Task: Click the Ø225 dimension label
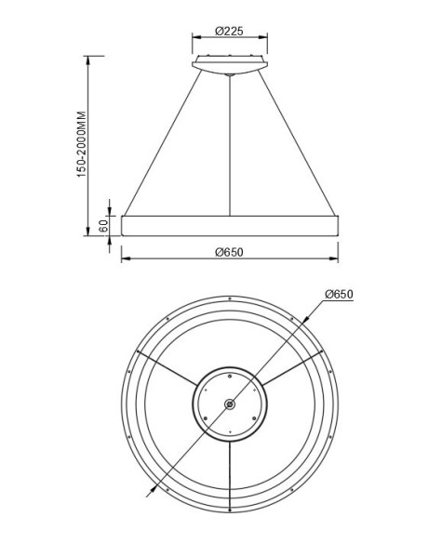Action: pyautogui.click(x=229, y=31)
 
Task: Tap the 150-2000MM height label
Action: pyautogui.click(x=82, y=145)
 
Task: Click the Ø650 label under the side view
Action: pyautogui.click(x=229, y=252)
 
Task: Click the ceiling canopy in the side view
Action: pyautogui.click(x=229, y=64)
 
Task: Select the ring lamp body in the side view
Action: pyautogui.click(x=229, y=225)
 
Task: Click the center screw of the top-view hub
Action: pyautogui.click(x=229, y=404)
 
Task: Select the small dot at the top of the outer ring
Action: pyautogui.click(x=229, y=299)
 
